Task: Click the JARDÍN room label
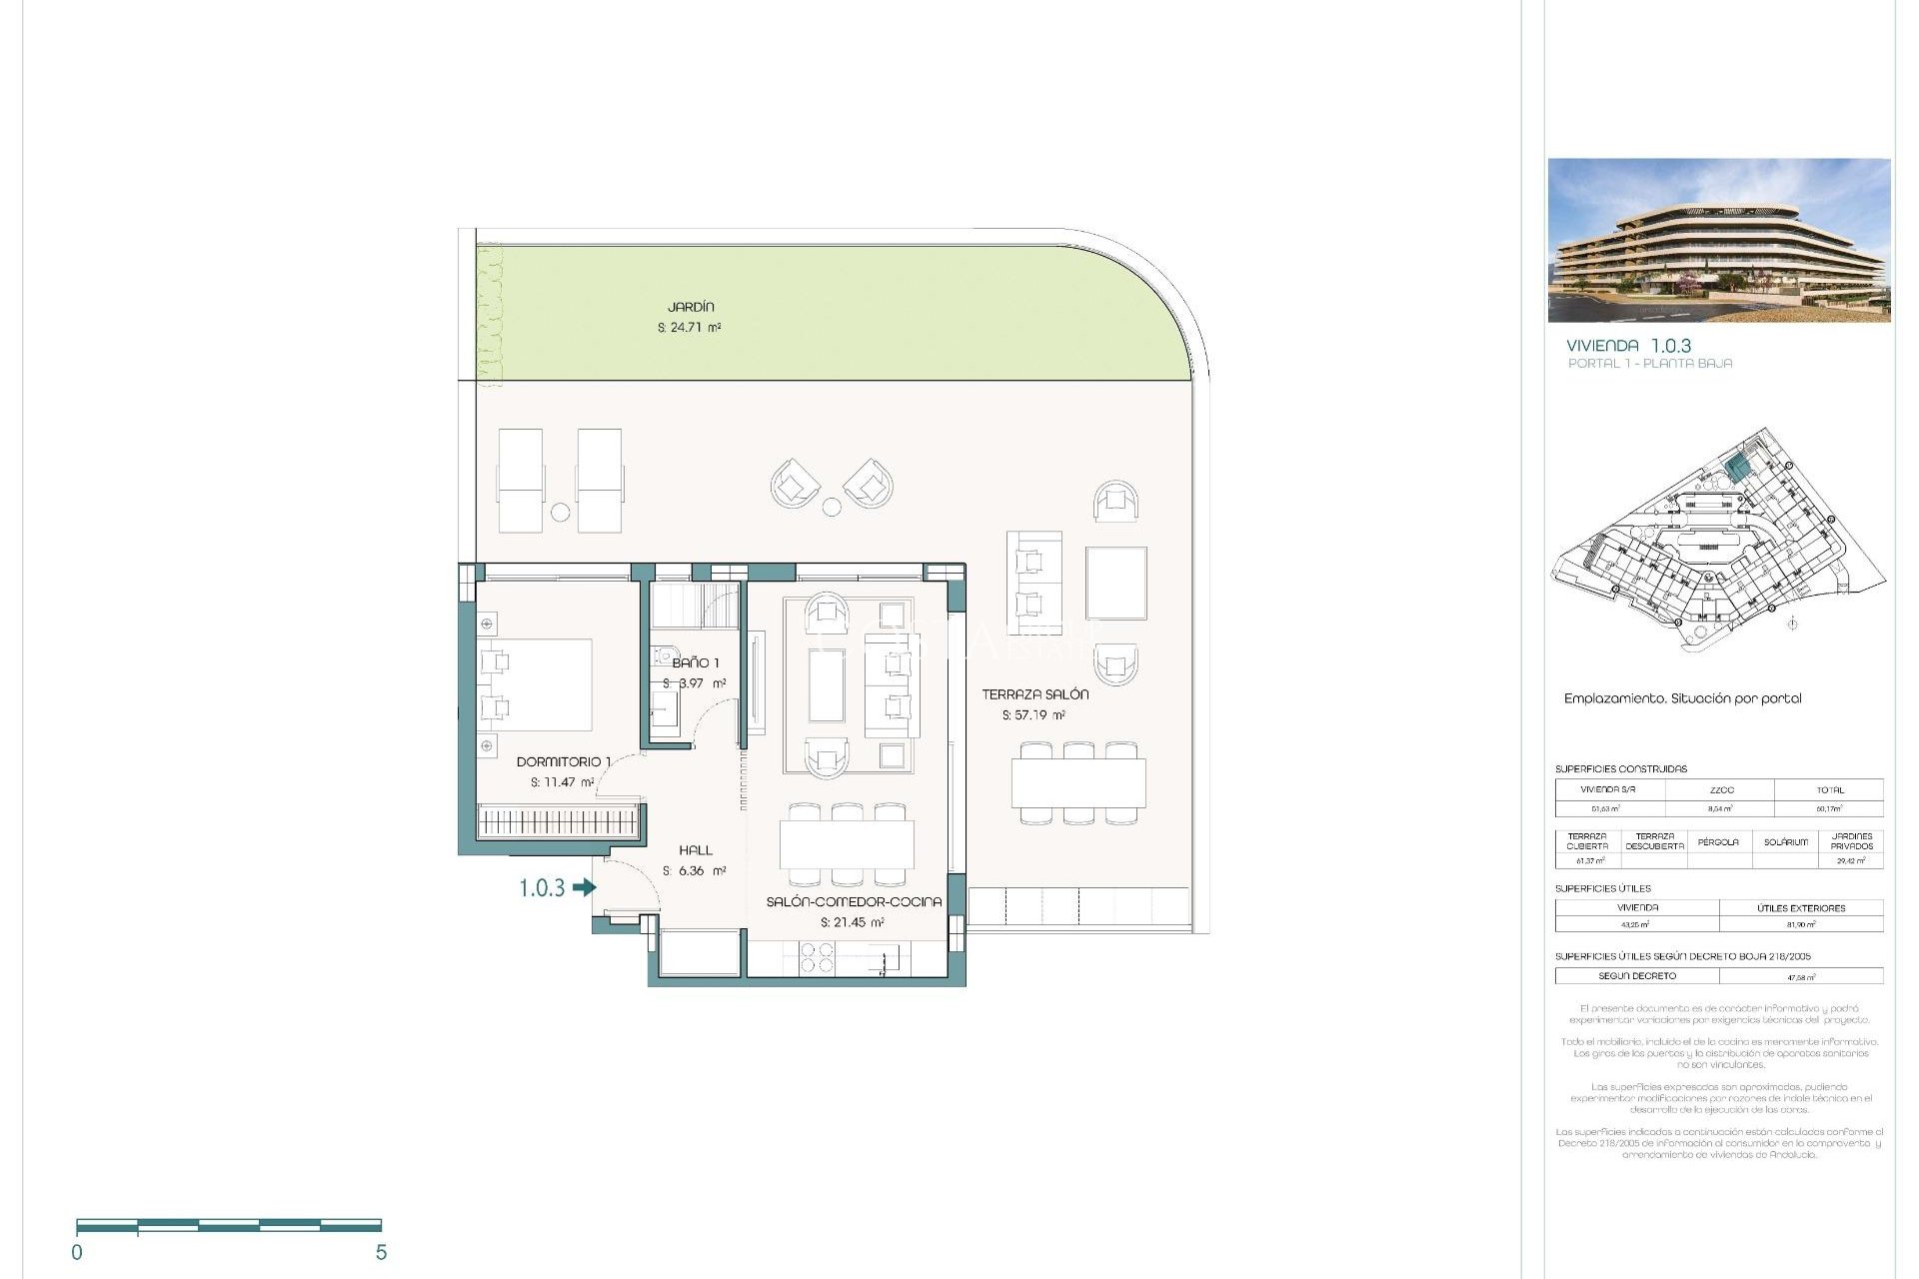[x=691, y=307]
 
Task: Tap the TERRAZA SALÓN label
[x=1034, y=693]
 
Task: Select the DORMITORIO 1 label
[x=563, y=761]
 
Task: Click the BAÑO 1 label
[x=695, y=662]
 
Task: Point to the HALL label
[x=695, y=850]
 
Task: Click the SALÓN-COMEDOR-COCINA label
[x=854, y=901]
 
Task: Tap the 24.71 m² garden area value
[x=690, y=328]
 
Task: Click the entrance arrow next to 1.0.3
[x=584, y=886]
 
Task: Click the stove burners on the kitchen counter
[x=817, y=958]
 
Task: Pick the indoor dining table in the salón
[x=847, y=844]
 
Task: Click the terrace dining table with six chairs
[x=1078, y=783]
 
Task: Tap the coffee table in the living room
[x=827, y=685]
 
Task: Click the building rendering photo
[x=1718, y=240]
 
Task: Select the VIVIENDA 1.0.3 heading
[x=1628, y=346]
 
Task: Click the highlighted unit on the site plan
[x=1737, y=467]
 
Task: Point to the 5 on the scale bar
[x=381, y=1252]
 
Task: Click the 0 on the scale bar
[x=77, y=1252]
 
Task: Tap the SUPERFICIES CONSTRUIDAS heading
[x=1620, y=768]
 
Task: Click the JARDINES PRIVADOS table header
[x=1851, y=841]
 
